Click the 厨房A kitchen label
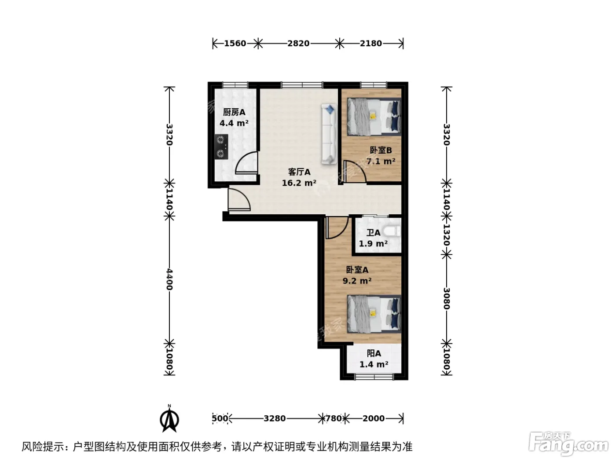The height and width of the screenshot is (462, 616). [x=234, y=112]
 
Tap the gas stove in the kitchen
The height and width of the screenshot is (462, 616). [x=221, y=147]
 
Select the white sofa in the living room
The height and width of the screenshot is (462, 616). [x=329, y=134]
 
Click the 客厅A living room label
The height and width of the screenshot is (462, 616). [x=299, y=172]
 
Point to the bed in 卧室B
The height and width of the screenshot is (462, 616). [x=374, y=117]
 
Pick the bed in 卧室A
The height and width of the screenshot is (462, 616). [x=374, y=314]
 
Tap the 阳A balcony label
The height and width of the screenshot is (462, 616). [x=374, y=353]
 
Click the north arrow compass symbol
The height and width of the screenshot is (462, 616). [x=169, y=418]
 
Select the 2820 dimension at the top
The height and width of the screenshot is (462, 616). [x=298, y=44]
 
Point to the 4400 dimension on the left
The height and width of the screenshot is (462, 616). [x=169, y=279]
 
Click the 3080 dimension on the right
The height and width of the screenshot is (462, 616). [x=446, y=298]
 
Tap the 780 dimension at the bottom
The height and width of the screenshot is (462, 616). [x=334, y=418]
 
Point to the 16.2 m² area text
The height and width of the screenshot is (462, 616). [x=299, y=183]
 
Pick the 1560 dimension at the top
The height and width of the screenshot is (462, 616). [x=235, y=44]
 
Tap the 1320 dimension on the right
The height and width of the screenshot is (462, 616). [x=446, y=235]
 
